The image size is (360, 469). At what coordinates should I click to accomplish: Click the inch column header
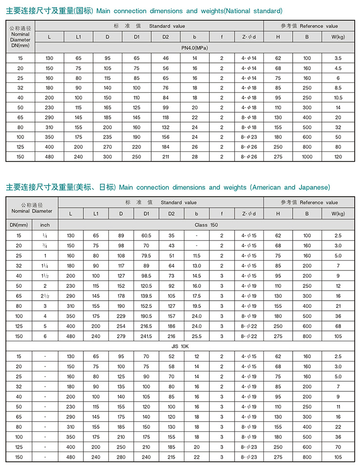45,224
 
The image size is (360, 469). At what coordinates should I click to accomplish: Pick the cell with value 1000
307,157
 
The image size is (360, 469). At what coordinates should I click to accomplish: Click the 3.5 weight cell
338,58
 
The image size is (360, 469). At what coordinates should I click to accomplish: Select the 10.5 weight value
338,98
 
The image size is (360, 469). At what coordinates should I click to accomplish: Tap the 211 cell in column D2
166,157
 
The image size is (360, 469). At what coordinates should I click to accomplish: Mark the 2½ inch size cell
45,296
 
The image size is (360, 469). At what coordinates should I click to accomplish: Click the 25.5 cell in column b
197,336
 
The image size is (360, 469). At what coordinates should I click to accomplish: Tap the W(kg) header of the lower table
338,213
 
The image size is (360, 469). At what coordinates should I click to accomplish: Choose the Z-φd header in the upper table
249,37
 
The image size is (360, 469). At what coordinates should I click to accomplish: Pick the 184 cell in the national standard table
166,147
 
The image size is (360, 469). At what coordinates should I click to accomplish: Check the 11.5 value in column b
197,255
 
